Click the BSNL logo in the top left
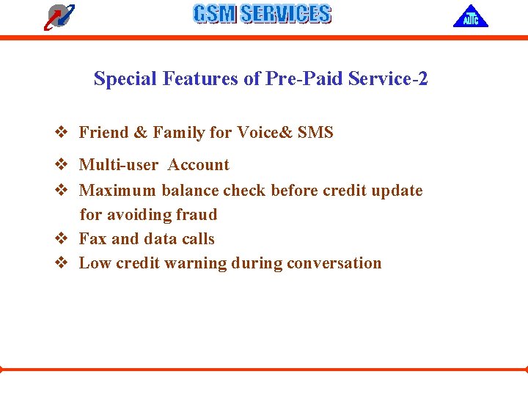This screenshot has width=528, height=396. tap(59, 16)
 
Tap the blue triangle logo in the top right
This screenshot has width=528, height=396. tap(470, 16)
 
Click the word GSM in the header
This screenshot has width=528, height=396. tap(214, 14)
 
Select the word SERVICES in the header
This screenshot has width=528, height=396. tap(286, 14)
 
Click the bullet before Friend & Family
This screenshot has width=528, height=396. tap(62, 133)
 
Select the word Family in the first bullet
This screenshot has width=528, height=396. tap(179, 133)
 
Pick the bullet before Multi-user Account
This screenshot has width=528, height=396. tap(62, 165)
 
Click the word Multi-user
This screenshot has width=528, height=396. tap(118, 165)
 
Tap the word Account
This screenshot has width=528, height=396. tap(198, 165)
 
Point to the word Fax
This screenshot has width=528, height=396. tap(93, 239)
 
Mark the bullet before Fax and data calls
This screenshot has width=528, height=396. tap(62, 239)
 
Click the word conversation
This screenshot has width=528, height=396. tap(334, 263)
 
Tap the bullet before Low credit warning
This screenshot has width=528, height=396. tap(62, 263)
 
